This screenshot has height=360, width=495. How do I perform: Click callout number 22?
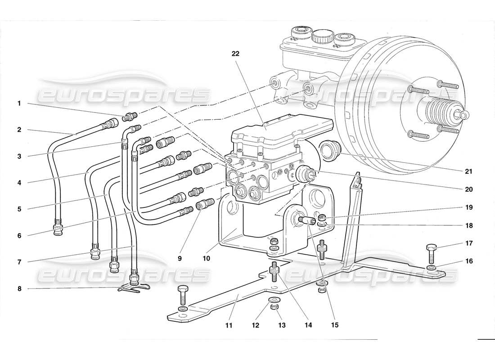(x=235, y=53)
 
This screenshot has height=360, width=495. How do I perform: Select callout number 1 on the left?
(x=19, y=103)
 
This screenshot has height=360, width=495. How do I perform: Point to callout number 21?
(x=469, y=171)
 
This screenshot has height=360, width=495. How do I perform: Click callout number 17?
(x=469, y=243)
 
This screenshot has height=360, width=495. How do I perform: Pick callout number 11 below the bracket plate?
(x=229, y=325)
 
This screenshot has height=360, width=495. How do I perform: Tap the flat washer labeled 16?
(x=431, y=269)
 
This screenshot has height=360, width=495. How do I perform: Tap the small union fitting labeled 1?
(x=130, y=117)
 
